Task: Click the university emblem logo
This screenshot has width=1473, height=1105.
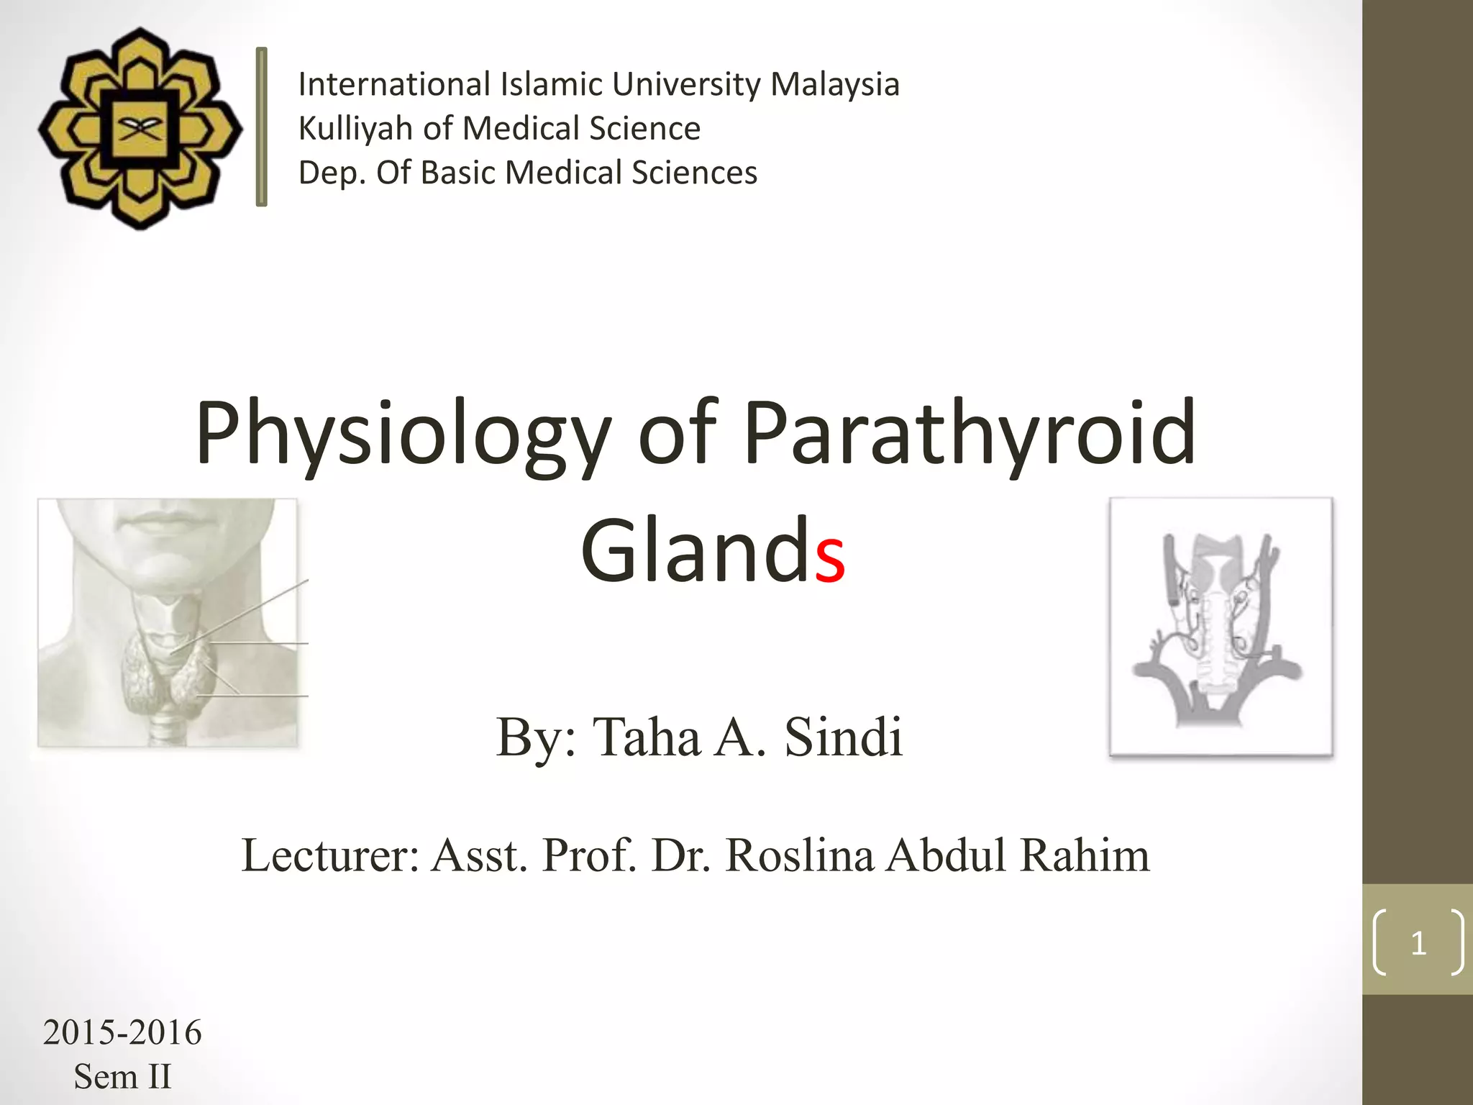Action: tap(140, 129)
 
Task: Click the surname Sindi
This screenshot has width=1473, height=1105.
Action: tap(843, 737)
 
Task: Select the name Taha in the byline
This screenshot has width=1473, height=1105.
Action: tap(645, 737)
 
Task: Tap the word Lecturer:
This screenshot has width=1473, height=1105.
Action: tap(330, 856)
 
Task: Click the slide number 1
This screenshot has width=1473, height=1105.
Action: tap(1418, 942)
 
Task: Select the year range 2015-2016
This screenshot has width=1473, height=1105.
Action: tap(122, 1033)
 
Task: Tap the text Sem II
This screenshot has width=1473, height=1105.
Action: tap(122, 1077)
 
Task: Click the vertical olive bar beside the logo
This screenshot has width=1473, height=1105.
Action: tap(262, 127)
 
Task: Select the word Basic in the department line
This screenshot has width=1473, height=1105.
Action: tap(458, 173)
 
